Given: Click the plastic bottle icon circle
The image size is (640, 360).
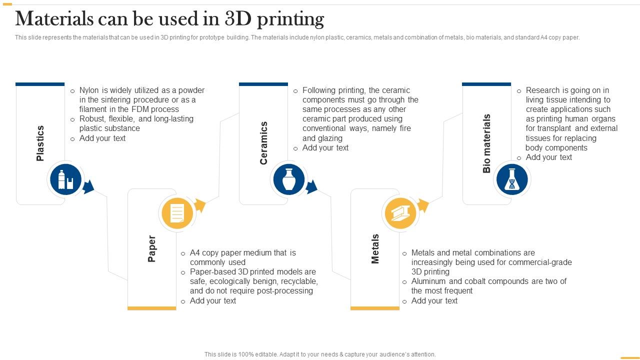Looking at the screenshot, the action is [x=65, y=179].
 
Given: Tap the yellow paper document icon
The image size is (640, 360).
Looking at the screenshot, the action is [x=177, y=213].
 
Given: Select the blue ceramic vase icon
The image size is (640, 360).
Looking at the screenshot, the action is [x=289, y=179].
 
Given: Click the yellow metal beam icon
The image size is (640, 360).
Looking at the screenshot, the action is [x=400, y=213].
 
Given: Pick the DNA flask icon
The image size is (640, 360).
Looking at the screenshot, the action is [x=512, y=179].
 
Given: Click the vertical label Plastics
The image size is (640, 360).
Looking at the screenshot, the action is [x=40, y=143].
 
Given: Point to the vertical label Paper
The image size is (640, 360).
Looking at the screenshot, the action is [x=151, y=248].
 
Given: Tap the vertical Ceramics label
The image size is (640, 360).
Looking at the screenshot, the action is [x=263, y=143].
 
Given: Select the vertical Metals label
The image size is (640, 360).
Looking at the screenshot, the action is [x=375, y=249].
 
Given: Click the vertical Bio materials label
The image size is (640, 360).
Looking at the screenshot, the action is [x=486, y=143].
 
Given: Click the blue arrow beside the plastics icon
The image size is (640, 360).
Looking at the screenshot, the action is [x=88, y=187].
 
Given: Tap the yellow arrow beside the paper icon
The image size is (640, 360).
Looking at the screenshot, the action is [x=200, y=205].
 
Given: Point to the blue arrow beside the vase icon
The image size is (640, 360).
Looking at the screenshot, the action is [x=311, y=187].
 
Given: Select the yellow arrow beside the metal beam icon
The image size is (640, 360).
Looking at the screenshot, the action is [x=423, y=205].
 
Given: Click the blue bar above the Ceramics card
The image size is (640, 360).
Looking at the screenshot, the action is [x=263, y=84].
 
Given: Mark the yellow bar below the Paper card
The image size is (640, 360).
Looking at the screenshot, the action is [x=151, y=308].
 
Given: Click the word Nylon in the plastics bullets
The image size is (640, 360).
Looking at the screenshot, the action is [x=89, y=90].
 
